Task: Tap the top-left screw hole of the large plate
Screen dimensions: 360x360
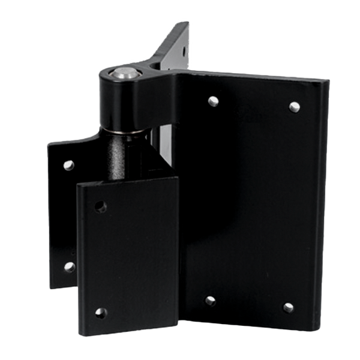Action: tap(212, 101)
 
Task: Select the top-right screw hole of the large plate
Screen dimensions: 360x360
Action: tap(294, 107)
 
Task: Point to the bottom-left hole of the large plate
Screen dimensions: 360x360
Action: tap(211, 301)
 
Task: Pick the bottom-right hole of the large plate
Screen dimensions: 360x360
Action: tap(289, 307)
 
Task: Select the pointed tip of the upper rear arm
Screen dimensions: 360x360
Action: tap(187, 22)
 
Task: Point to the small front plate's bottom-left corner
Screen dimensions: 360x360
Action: tap(80, 332)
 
